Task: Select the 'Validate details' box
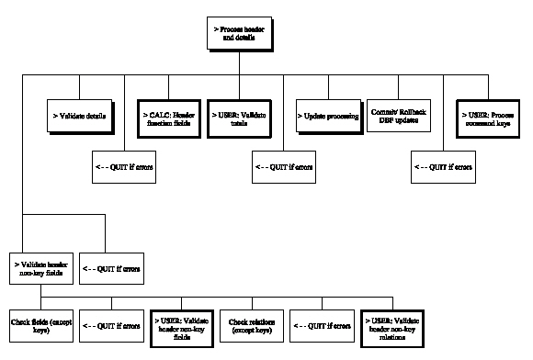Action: (79, 117)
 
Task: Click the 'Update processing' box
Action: (326, 117)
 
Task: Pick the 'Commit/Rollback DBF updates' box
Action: (398, 117)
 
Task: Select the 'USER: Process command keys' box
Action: (488, 117)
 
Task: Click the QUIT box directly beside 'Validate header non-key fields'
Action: (108, 269)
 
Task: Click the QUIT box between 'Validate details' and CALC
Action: (123, 168)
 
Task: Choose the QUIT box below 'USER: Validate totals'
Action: (281, 168)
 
